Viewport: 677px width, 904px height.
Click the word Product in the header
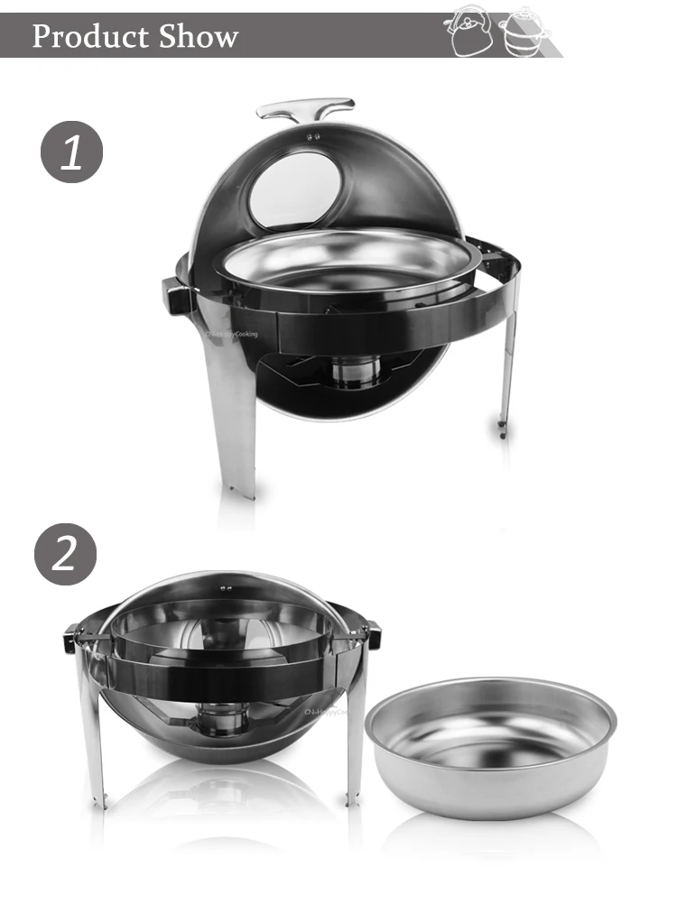[89, 36]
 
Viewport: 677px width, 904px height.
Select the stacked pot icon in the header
[519, 34]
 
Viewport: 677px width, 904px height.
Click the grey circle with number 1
[71, 152]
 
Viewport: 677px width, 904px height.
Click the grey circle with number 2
[65, 554]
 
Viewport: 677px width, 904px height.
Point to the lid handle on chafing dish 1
[304, 110]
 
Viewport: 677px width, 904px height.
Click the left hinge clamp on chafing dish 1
[178, 294]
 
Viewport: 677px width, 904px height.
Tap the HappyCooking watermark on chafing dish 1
[232, 334]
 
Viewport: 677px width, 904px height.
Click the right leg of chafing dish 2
[356, 740]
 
